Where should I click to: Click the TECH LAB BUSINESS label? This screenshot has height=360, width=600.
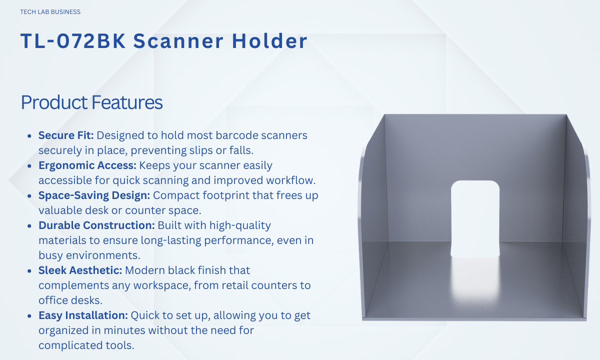pyautogui.click(x=50, y=12)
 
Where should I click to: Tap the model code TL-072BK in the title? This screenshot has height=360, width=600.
pyautogui.click(x=73, y=41)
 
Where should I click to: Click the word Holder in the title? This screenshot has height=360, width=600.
pyautogui.click(x=269, y=41)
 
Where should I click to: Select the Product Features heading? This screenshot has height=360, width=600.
pyautogui.click(x=92, y=102)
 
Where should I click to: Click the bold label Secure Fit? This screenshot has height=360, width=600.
pyautogui.click(x=66, y=135)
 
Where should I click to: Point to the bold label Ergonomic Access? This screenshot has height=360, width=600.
pyautogui.click(x=87, y=165)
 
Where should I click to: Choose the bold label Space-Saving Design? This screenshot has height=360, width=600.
pyautogui.click(x=94, y=195)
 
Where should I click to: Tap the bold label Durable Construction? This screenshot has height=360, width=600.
pyautogui.click(x=96, y=225)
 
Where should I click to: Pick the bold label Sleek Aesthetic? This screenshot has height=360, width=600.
pyautogui.click(x=80, y=270)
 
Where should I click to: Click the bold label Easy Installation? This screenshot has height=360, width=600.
pyautogui.click(x=83, y=315)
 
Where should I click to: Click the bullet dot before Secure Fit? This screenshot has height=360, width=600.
pyautogui.click(x=29, y=136)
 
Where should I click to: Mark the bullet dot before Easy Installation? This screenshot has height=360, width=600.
pyautogui.click(x=29, y=316)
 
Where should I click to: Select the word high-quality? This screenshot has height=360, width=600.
pyautogui.click(x=240, y=226)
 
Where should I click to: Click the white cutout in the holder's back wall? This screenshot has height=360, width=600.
pyautogui.click(x=475, y=218)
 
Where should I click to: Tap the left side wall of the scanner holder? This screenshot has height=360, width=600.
pyautogui.click(x=373, y=214)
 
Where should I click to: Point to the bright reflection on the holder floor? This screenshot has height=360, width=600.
pyautogui.click(x=475, y=281)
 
